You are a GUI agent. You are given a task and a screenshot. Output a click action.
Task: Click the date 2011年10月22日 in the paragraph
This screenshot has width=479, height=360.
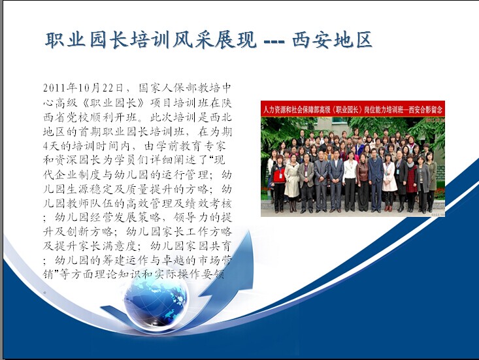click(83, 88)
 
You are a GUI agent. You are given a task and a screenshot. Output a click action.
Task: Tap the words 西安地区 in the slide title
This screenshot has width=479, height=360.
click(332, 40)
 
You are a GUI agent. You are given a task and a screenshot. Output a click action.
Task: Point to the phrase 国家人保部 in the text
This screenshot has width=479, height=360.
click(169, 88)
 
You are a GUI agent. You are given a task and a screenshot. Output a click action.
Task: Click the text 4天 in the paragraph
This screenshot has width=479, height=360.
click(51, 146)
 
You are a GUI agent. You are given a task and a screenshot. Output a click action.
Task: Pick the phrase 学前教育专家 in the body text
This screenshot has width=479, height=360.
click(191, 146)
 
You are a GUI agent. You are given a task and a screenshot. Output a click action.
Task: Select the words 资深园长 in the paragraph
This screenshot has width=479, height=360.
click(79, 160)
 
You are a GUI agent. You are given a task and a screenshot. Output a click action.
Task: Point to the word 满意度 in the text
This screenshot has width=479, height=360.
click(118, 246)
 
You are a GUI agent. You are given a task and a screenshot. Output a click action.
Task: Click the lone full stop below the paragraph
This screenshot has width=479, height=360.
click(45, 293)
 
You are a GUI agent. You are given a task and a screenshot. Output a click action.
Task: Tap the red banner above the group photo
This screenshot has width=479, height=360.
click(352, 109)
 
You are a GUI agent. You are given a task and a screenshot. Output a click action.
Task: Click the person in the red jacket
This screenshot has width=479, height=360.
click(279, 183)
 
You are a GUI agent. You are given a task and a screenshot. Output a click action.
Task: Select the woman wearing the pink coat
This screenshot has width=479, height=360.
click(389, 182)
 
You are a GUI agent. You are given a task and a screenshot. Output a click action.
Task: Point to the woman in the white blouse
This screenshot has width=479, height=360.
click(350, 182)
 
